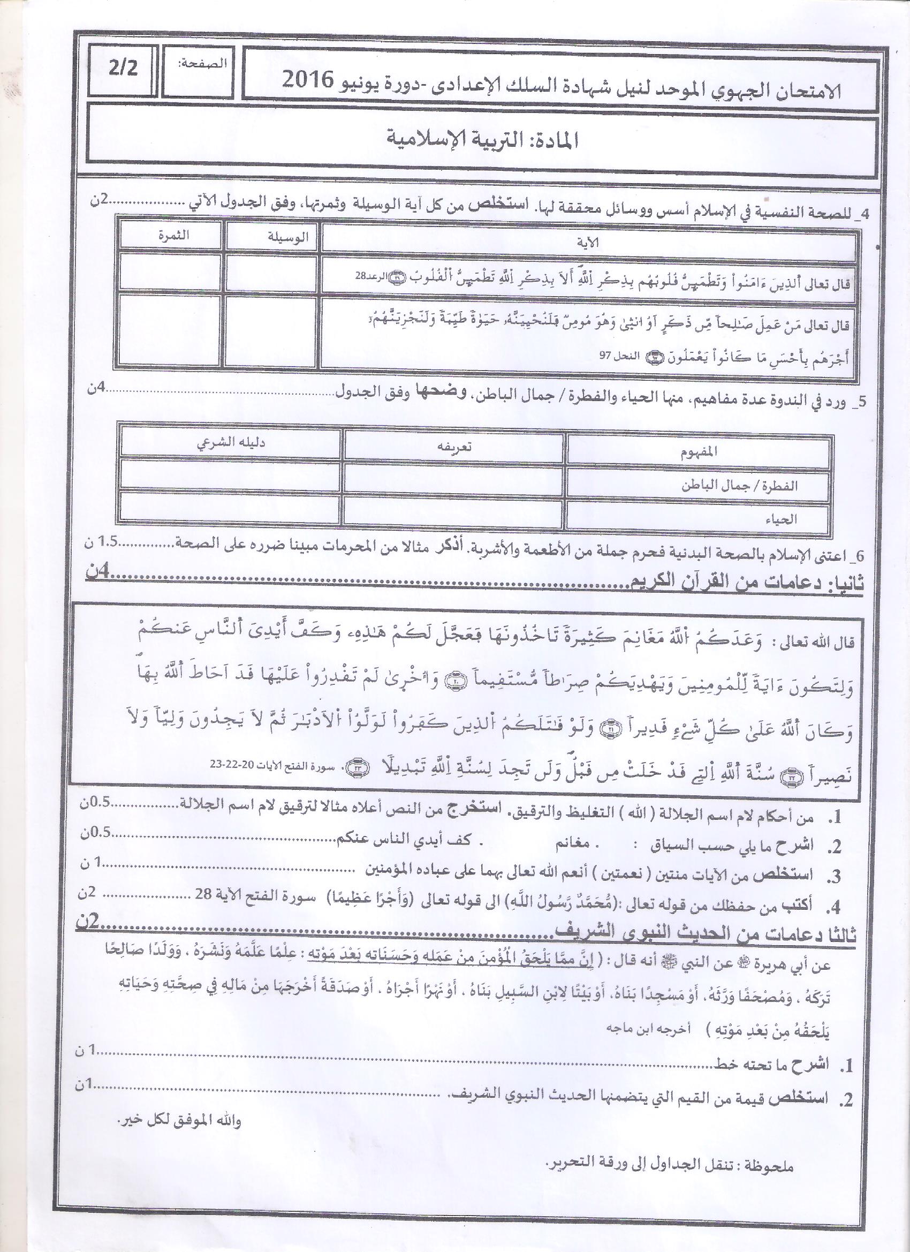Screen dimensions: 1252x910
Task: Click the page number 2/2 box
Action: coord(123,70)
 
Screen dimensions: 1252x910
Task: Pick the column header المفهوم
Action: coord(699,451)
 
